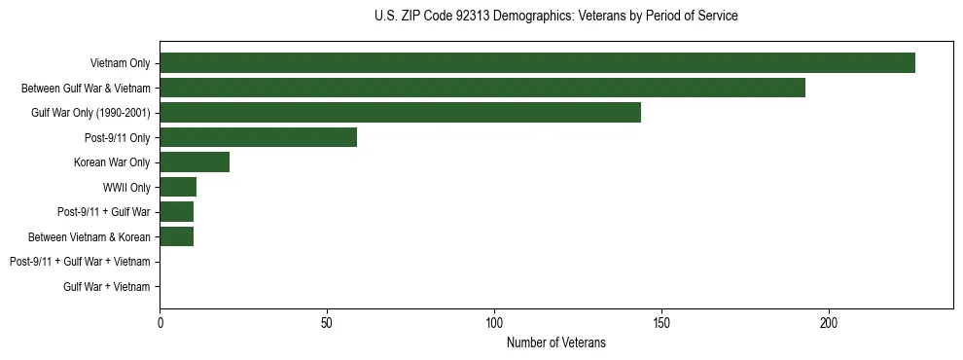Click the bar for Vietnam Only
click(537, 63)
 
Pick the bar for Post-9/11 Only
click(258, 137)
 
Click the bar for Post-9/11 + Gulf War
click(176, 212)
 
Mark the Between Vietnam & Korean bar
click(176, 236)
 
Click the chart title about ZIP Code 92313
click(555, 17)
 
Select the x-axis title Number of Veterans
click(555, 342)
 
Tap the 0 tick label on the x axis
click(160, 322)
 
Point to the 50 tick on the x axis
click(327, 322)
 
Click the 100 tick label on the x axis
click(494, 322)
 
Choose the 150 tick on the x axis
click(661, 322)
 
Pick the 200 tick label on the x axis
click(829, 322)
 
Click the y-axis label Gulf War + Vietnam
click(107, 286)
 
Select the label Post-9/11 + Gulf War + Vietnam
click(80, 262)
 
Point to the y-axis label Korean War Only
click(112, 162)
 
